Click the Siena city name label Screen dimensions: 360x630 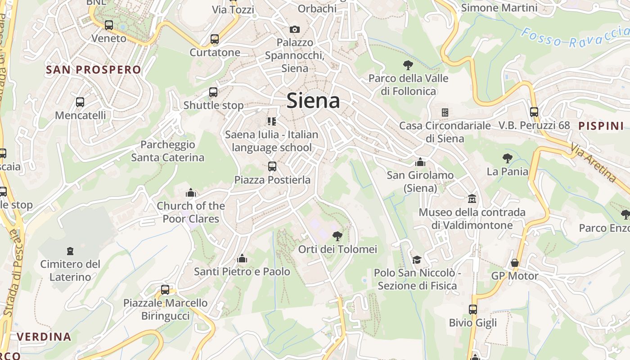pyautogui.click(x=313, y=100)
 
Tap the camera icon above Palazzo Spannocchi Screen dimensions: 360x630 pyautogui.click(x=295, y=30)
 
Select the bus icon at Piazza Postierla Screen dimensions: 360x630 pyautogui.click(x=272, y=166)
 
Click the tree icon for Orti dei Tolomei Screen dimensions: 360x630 pyautogui.click(x=337, y=236)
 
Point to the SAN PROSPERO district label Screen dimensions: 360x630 pyautogui.click(x=94, y=70)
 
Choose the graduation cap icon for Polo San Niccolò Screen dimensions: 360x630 pyautogui.click(x=417, y=260)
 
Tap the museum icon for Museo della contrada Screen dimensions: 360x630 pyautogui.click(x=472, y=198)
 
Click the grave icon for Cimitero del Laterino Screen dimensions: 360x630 pyautogui.click(x=70, y=251)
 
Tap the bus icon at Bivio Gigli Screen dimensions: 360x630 pyautogui.click(x=472, y=310)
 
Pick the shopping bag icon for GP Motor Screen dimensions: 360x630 pyautogui.click(x=515, y=263)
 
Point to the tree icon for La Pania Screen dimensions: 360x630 pyautogui.click(x=507, y=158)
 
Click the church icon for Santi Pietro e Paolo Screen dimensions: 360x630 pyautogui.click(x=242, y=258)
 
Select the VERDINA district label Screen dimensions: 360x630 pyautogui.click(x=44, y=337)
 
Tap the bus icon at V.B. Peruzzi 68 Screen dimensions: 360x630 pyautogui.click(x=534, y=112)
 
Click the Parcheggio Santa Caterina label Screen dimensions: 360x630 pyautogui.click(x=167, y=151)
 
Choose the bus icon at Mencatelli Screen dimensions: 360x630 pyautogui.click(x=80, y=102)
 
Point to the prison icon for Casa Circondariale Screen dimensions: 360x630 pyautogui.click(x=445, y=112)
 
